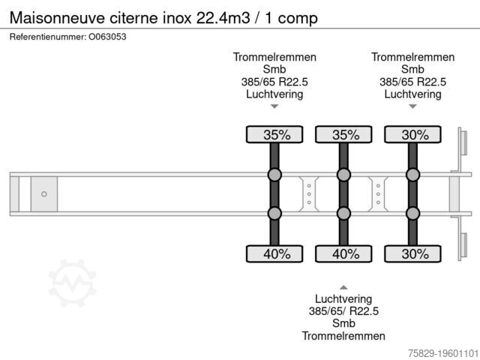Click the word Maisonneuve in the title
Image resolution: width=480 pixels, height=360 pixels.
coord(57,18)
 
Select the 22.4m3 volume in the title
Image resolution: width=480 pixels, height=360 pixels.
coord(223,18)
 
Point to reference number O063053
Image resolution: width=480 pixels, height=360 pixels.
coord(107,37)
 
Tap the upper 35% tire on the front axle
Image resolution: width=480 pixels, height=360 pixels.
coord(274,134)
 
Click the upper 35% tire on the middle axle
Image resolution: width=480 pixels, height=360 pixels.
coord(343,134)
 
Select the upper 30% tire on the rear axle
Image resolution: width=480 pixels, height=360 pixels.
coord(413,134)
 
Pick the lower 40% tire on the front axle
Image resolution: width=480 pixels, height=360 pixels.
coord(274,253)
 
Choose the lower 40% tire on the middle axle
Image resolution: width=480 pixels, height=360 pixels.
coord(343,253)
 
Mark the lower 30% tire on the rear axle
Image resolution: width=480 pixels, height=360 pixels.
coord(413,253)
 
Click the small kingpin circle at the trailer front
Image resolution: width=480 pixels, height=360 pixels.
coord(44,194)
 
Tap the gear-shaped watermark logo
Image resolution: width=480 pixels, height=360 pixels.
coord(73,283)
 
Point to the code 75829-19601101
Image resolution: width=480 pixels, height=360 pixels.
coord(443,353)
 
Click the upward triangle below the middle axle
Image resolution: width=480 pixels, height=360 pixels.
coord(343,287)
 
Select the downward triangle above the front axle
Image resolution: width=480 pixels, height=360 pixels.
coord(274,106)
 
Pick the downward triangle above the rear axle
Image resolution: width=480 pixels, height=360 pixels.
coord(413,106)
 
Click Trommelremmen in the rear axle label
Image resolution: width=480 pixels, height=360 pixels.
coord(413,57)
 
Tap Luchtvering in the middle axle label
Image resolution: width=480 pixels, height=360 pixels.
coord(343,298)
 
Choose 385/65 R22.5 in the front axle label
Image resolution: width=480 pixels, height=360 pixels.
coord(274,82)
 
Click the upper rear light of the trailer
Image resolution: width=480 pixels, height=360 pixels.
coord(463,142)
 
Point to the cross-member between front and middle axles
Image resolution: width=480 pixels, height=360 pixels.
coord(309,194)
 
